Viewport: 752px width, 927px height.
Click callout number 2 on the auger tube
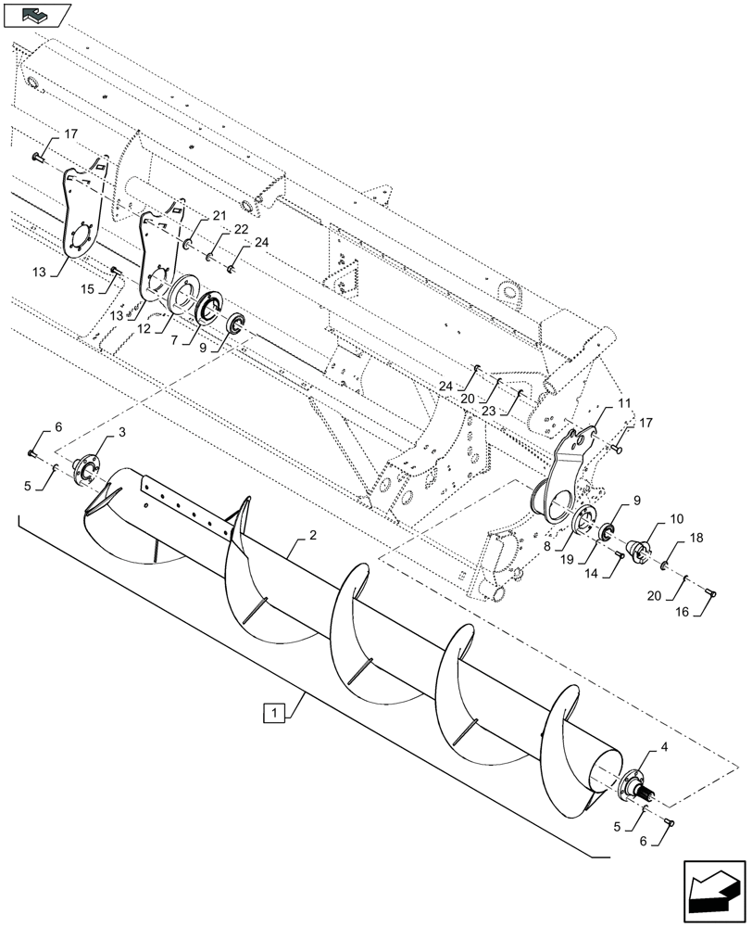[313, 537]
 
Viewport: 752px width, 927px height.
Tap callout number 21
[219, 215]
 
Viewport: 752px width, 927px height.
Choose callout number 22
[241, 229]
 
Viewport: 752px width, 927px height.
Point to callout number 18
[696, 537]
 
